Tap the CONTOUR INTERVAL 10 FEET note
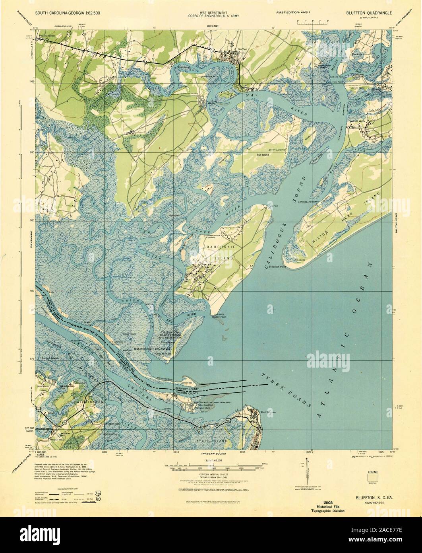[211, 475]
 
